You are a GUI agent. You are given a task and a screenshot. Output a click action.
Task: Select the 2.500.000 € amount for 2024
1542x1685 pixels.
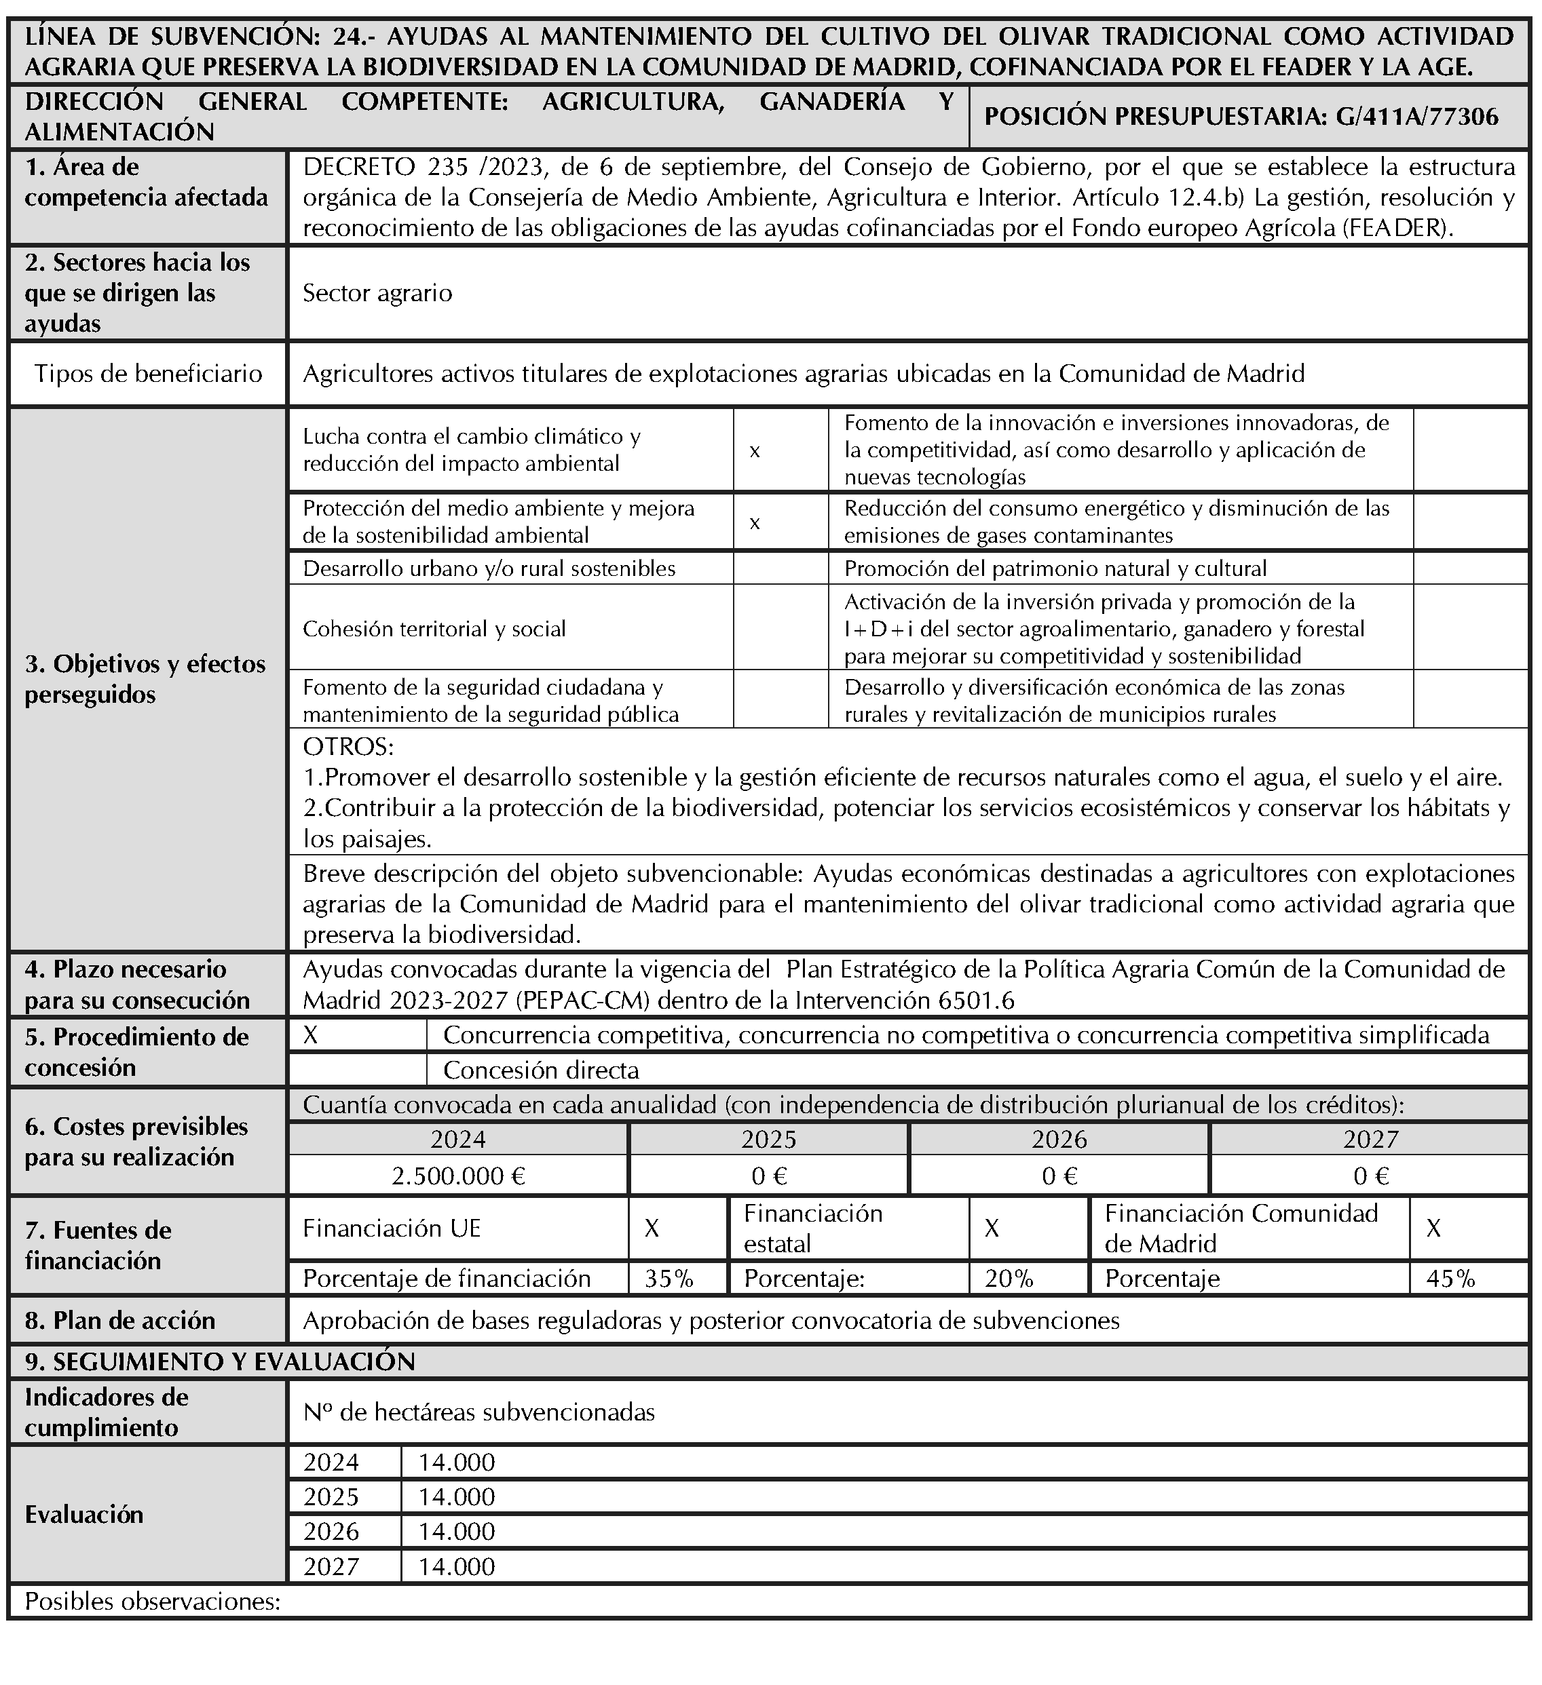pyautogui.click(x=458, y=1176)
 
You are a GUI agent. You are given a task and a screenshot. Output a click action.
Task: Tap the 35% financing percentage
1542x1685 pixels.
pyautogui.click(x=669, y=1278)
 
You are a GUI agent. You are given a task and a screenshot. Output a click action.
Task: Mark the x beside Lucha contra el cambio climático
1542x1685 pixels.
pyautogui.click(x=754, y=451)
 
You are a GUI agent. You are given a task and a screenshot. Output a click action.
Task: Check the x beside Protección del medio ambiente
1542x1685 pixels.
pyautogui.click(x=754, y=523)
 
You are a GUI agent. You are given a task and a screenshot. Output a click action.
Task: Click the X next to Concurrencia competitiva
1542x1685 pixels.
pyautogui.click(x=310, y=1036)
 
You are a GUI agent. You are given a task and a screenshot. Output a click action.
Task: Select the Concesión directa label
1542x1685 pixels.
pyautogui.click(x=540, y=1070)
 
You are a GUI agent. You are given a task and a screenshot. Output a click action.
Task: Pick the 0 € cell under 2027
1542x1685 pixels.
pyautogui.click(x=1370, y=1176)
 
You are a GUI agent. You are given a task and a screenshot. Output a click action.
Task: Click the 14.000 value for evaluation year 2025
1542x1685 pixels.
pyautogui.click(x=457, y=1497)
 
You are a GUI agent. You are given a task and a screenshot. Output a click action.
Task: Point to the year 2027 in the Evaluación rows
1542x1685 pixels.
pyautogui.click(x=331, y=1566)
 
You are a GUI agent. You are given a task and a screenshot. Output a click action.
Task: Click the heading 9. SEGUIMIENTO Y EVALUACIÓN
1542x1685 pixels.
pyautogui.click(x=220, y=1361)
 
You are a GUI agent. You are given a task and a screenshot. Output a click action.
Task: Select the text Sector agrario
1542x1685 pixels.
pyautogui.click(x=377, y=293)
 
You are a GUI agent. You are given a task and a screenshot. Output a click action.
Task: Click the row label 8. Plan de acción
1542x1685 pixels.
pyautogui.click(x=119, y=1321)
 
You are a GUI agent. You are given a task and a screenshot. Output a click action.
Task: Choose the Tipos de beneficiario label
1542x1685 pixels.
pyautogui.click(x=148, y=374)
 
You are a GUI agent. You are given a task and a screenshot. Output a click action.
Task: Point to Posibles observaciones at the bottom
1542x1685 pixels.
pyautogui.click(x=152, y=1602)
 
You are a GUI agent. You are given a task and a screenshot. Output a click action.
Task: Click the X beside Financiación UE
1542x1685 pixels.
pyautogui.click(x=652, y=1228)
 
